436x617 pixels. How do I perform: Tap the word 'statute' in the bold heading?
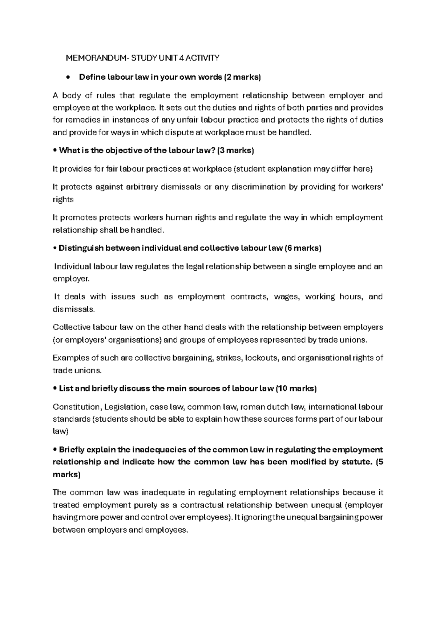359,462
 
